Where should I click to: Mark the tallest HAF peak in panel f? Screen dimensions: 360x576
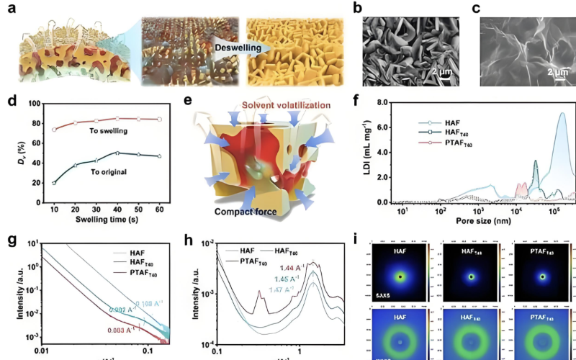[x=562, y=113]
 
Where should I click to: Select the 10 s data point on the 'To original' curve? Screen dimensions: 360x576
[x=53, y=182]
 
